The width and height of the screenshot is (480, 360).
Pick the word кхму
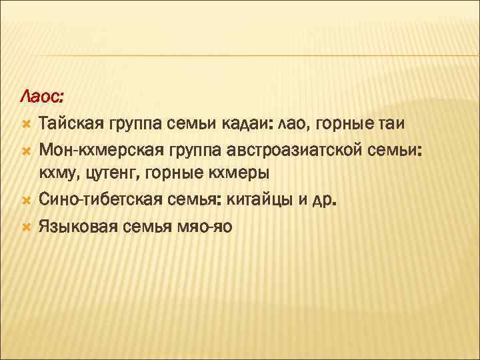[59, 175]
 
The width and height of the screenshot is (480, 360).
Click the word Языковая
[76, 225]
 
